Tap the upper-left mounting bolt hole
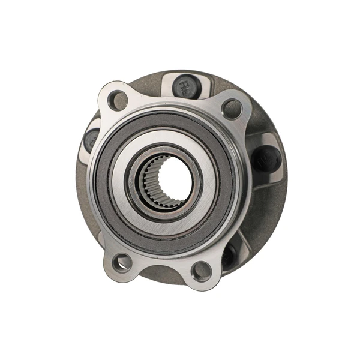point(119,100)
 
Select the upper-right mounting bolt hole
point(232,109)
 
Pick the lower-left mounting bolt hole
point(122,262)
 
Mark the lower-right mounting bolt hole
point(202,271)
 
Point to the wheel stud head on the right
point(266,160)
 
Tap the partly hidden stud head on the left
point(91,139)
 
